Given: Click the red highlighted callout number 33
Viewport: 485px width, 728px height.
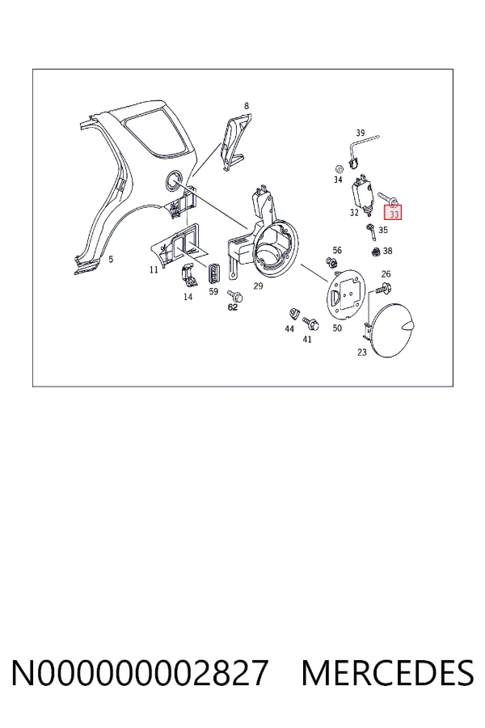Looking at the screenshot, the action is pos(394,214).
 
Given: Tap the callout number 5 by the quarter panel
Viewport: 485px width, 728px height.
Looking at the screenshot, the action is pos(111,259).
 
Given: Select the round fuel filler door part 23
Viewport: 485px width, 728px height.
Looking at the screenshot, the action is pos(394,330).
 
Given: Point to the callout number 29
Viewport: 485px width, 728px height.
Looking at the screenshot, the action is pos(258,286).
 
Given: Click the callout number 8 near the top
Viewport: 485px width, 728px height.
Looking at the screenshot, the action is pos(247,106).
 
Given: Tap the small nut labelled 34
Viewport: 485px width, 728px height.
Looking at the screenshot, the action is pos(339,168).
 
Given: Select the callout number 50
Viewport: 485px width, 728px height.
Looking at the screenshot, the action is pos(337,328).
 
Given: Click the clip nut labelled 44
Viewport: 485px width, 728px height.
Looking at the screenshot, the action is pos(293,314).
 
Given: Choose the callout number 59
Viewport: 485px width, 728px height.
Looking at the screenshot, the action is pos(213,292).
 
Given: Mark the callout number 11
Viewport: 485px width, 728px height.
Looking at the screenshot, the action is pos(154,269).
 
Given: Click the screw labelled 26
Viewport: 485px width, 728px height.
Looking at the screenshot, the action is pos(384,289).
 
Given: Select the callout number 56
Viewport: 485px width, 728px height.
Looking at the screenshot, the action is pos(337,250).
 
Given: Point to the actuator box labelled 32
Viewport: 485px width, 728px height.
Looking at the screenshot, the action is pos(362,194).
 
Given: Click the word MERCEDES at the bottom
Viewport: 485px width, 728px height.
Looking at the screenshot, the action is pos(387,672).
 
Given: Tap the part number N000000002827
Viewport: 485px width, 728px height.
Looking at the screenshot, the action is pos(140,672).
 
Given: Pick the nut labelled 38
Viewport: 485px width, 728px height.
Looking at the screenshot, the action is pos(377,252).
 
